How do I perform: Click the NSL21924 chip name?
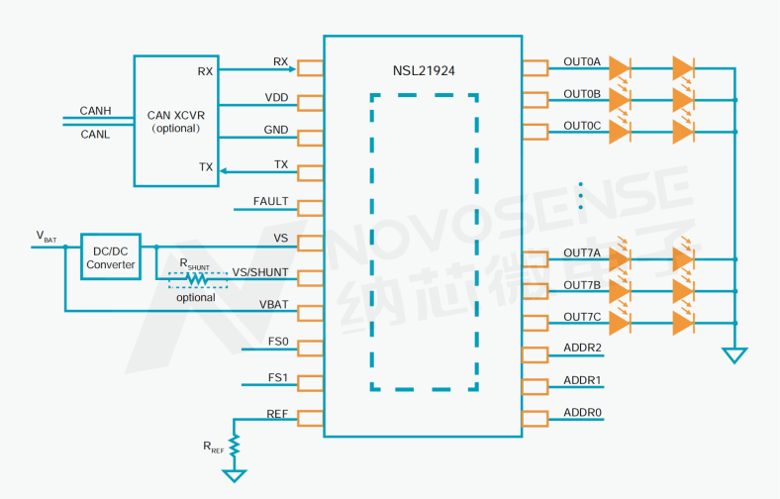point(424,71)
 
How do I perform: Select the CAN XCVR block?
point(175,120)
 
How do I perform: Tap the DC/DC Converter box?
point(111,257)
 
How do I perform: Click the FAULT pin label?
point(271,202)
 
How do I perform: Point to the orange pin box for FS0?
point(311,348)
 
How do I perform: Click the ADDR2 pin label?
point(583,348)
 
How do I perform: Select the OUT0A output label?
point(582,62)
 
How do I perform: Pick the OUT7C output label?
point(582,317)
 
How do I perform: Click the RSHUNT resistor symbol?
point(197,275)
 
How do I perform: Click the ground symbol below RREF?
point(236,475)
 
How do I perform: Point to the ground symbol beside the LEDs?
point(734,354)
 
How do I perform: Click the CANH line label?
point(96,111)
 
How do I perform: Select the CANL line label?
point(96,134)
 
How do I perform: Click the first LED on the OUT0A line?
point(620,68)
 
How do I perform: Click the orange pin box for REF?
point(311,418)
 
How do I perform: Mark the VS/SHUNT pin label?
point(260,271)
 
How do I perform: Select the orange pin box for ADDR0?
point(535,418)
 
